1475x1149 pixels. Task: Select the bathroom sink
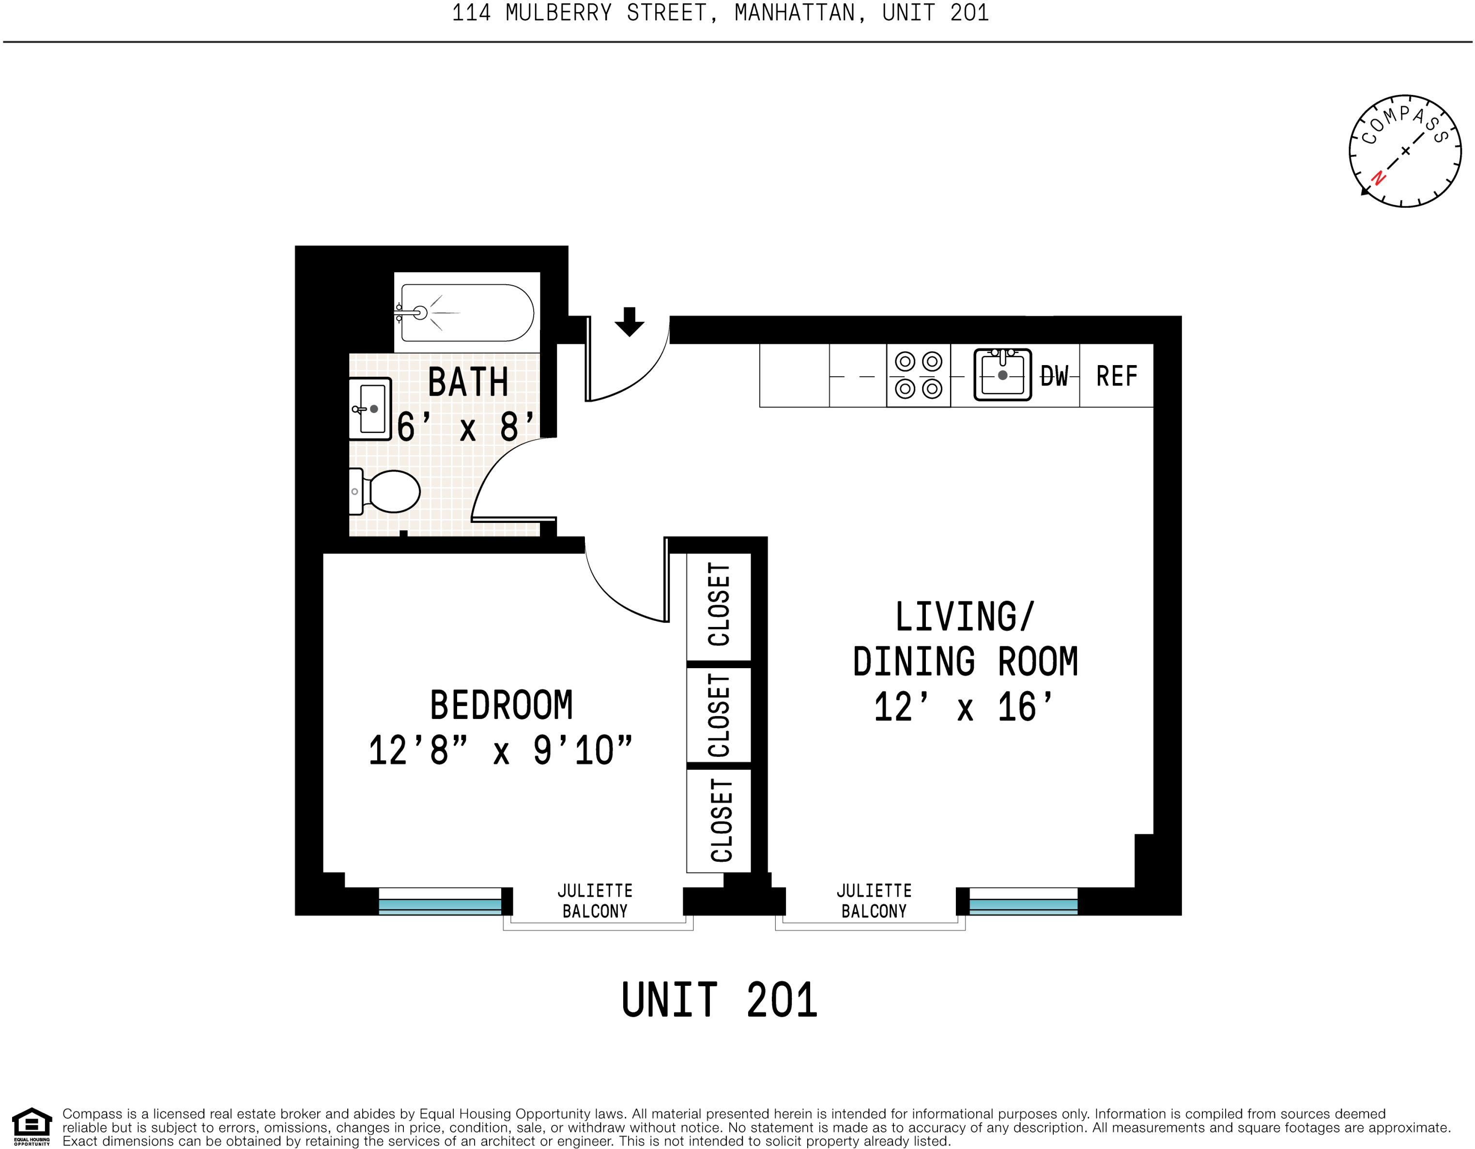(370, 409)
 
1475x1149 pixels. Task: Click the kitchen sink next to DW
(1002, 375)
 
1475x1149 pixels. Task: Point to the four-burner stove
(919, 375)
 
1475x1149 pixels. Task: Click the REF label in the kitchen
(1116, 376)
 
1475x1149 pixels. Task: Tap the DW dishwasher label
(1054, 376)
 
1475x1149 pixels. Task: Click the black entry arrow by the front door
(630, 322)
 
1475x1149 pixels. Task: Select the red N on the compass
(1379, 178)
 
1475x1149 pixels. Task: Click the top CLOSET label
(719, 605)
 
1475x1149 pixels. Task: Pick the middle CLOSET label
(719, 715)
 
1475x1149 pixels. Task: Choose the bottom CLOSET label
(722, 821)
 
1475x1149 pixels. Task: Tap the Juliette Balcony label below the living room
(874, 901)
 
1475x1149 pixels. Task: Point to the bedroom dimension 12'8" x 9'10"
(500, 751)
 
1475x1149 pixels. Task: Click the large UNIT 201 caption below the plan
(719, 1000)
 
